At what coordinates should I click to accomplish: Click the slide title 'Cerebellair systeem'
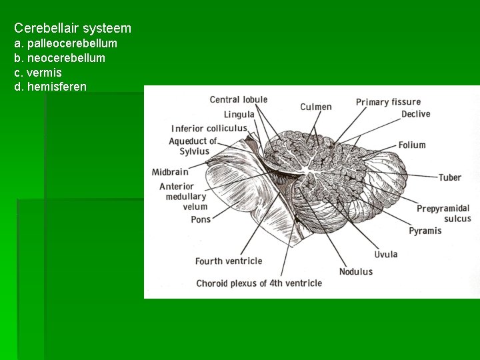point(73,29)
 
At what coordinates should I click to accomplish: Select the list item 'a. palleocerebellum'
point(65,43)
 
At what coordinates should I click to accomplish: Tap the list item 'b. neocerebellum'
point(59,58)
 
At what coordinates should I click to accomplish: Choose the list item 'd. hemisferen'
point(50,87)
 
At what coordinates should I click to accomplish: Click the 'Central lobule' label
point(238,100)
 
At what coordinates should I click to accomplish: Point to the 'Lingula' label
point(239,115)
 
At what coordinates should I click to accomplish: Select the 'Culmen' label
point(315,107)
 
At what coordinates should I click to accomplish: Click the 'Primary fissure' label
point(388,102)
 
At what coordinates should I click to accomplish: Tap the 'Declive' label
point(415,114)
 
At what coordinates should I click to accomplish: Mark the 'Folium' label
point(412,145)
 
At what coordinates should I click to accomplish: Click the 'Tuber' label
point(449,177)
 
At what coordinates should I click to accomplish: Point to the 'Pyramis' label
point(425,231)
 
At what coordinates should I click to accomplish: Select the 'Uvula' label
point(385,254)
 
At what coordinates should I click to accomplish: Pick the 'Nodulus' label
point(355,271)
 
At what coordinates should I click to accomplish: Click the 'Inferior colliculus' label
point(209,129)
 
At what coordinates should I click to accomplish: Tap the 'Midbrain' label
point(170,172)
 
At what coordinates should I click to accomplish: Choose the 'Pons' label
point(200,219)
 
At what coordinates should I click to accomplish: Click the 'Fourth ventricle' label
point(229,261)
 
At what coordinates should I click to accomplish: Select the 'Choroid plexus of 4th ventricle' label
point(259,283)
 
